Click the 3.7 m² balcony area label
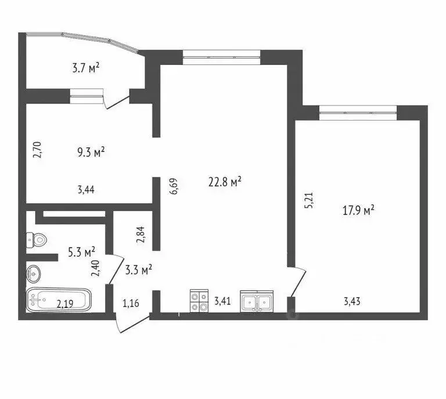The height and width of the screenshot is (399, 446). pyautogui.click(x=86, y=68)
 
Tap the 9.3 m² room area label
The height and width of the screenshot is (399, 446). pyautogui.click(x=91, y=153)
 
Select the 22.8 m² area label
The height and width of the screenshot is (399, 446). pyautogui.click(x=225, y=182)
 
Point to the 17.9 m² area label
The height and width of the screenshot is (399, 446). pyautogui.click(x=358, y=211)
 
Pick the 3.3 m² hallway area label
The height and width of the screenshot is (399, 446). pyautogui.click(x=138, y=269)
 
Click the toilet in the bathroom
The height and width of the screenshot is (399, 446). pyautogui.click(x=37, y=240)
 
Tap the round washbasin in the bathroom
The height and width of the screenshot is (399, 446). pyautogui.click(x=34, y=271)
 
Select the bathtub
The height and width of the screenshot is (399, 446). pyautogui.click(x=59, y=300)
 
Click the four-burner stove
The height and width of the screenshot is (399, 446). pyautogui.click(x=199, y=301)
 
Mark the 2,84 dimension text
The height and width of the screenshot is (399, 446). pyautogui.click(x=139, y=234)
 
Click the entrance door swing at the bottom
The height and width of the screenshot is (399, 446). pyautogui.click(x=132, y=323)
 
